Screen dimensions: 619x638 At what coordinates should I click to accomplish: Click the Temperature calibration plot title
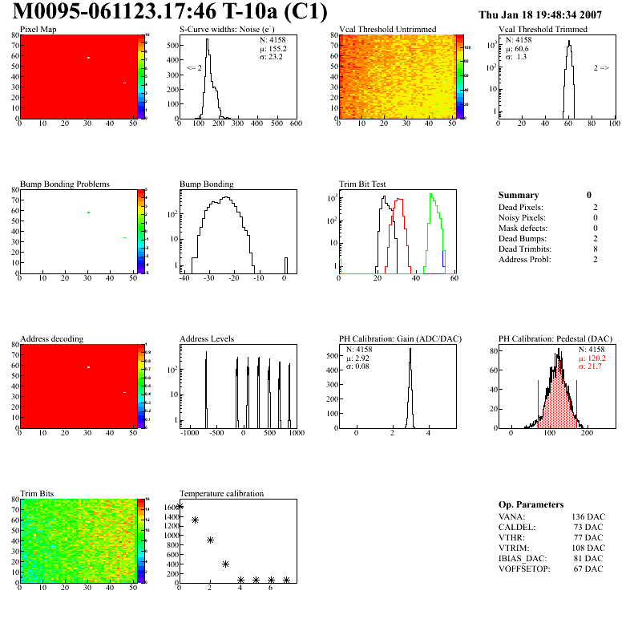(221, 493)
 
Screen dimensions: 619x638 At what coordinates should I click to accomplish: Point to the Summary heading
(519, 195)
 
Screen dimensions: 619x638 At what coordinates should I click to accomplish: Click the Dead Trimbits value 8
(595, 249)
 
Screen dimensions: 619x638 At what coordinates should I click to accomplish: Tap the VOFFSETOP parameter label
(527, 569)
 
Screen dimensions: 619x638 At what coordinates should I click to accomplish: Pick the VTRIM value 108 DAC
(588, 548)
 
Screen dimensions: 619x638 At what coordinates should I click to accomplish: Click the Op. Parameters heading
(531, 504)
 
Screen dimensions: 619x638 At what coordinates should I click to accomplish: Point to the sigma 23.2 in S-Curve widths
(277, 57)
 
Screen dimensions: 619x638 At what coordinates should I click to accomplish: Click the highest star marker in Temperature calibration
(180, 506)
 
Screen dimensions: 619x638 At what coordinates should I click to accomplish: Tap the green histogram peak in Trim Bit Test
(430, 195)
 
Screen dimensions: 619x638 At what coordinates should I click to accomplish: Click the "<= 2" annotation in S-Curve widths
(194, 68)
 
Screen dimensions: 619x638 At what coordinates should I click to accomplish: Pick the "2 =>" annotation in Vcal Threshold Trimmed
(601, 68)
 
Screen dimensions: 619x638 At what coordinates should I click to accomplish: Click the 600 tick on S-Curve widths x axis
(296, 124)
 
